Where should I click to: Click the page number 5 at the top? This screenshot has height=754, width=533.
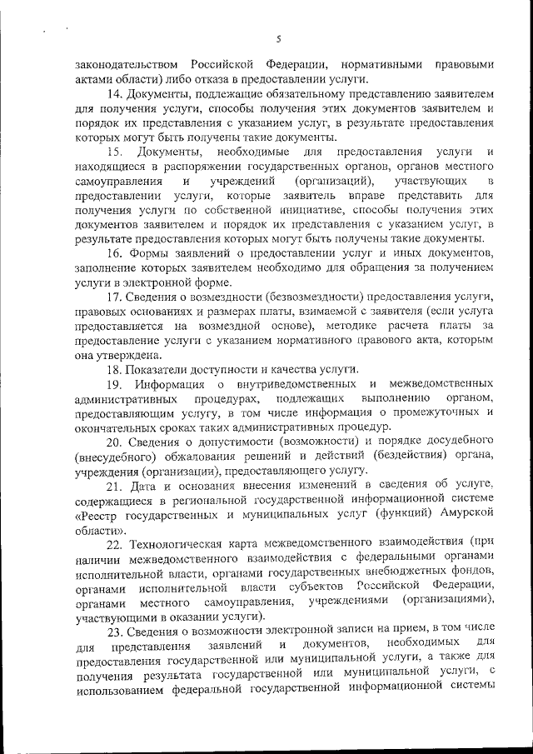280,37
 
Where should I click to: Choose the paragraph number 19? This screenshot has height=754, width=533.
116,383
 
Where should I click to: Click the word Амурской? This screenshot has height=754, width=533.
465,513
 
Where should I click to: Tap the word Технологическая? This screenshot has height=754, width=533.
185,542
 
